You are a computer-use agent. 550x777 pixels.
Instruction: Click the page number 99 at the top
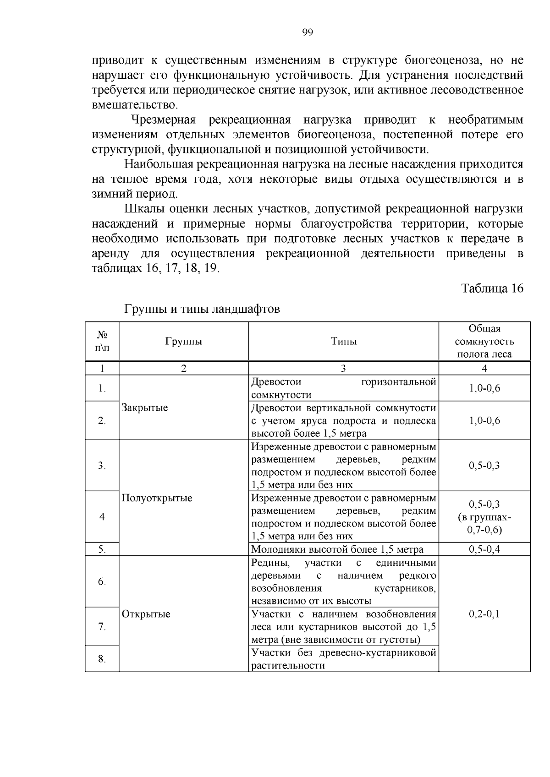[307, 32]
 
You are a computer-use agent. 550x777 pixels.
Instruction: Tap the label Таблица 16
[492, 288]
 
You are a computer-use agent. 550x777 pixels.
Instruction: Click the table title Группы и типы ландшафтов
[202, 309]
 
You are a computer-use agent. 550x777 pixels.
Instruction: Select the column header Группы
[183, 342]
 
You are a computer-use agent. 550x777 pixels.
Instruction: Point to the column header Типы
[344, 342]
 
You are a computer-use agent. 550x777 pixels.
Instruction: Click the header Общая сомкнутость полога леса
[484, 342]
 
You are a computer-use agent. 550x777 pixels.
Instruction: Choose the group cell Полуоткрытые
[157, 498]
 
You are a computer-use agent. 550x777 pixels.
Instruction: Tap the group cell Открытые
[146, 614]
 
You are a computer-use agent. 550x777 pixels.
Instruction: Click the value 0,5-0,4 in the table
[484, 549]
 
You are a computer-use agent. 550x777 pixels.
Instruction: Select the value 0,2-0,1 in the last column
[484, 614]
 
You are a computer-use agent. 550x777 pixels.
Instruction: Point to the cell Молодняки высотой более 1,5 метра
[337, 549]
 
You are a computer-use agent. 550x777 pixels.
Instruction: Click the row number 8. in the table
[102, 659]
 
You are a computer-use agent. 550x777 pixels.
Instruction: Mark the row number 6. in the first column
[102, 582]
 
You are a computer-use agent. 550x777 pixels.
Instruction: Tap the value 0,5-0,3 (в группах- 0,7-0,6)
[484, 517]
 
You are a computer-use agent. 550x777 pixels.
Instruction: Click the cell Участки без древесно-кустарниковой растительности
[343, 659]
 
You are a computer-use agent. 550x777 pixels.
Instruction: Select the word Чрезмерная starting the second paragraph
[163, 120]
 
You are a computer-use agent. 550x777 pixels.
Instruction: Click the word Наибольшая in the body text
[158, 164]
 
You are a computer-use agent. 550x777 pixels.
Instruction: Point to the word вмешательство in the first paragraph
[134, 105]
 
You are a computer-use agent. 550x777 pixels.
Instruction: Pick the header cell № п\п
[102, 342]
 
